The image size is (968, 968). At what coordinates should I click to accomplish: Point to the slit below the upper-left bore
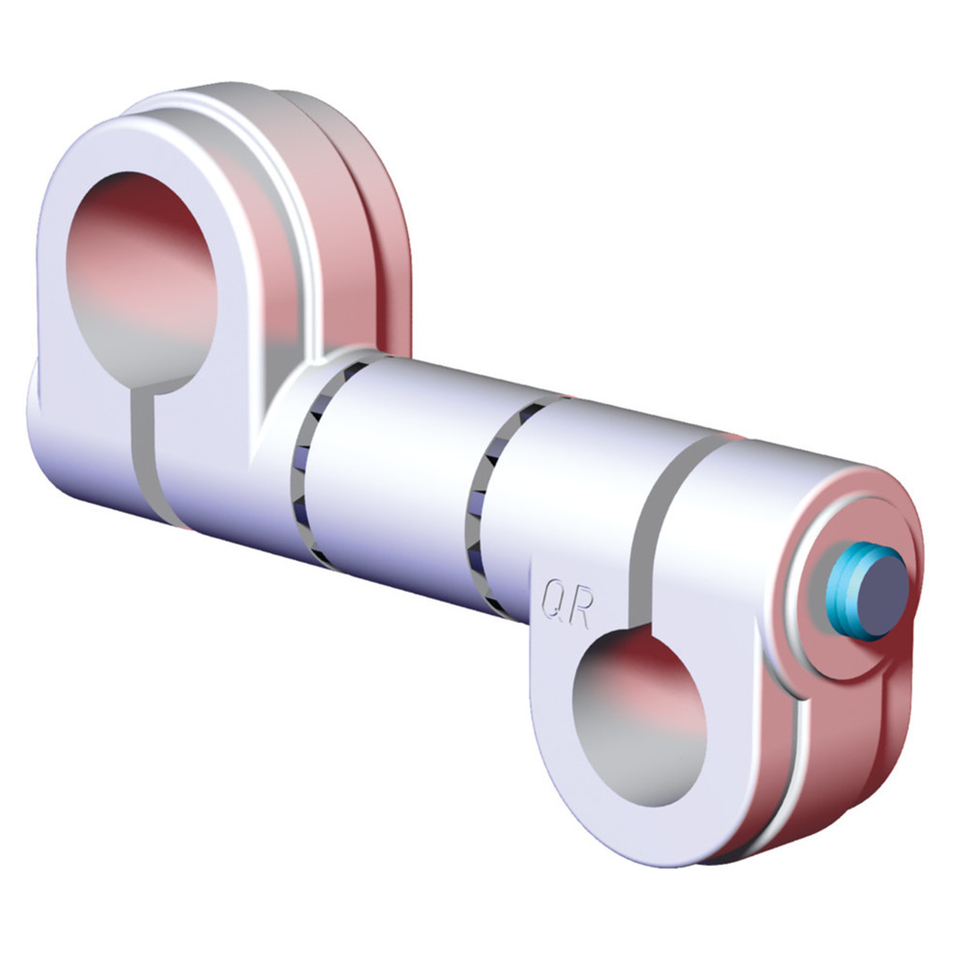(x=143, y=457)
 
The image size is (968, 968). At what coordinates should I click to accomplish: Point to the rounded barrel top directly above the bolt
(x=807, y=475)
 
